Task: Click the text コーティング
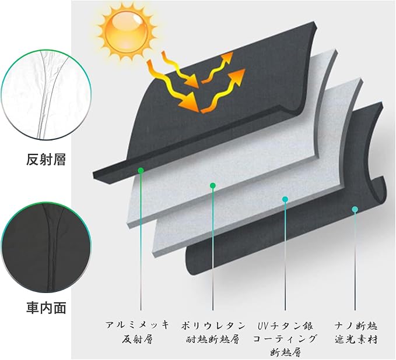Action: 285,338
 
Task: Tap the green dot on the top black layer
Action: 141,170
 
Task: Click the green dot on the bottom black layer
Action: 355,208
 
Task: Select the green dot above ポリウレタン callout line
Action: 213,186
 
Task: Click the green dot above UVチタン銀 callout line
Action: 285,199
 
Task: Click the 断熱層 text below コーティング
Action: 285,352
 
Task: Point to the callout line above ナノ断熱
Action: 355,262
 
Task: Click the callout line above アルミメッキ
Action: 141,245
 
